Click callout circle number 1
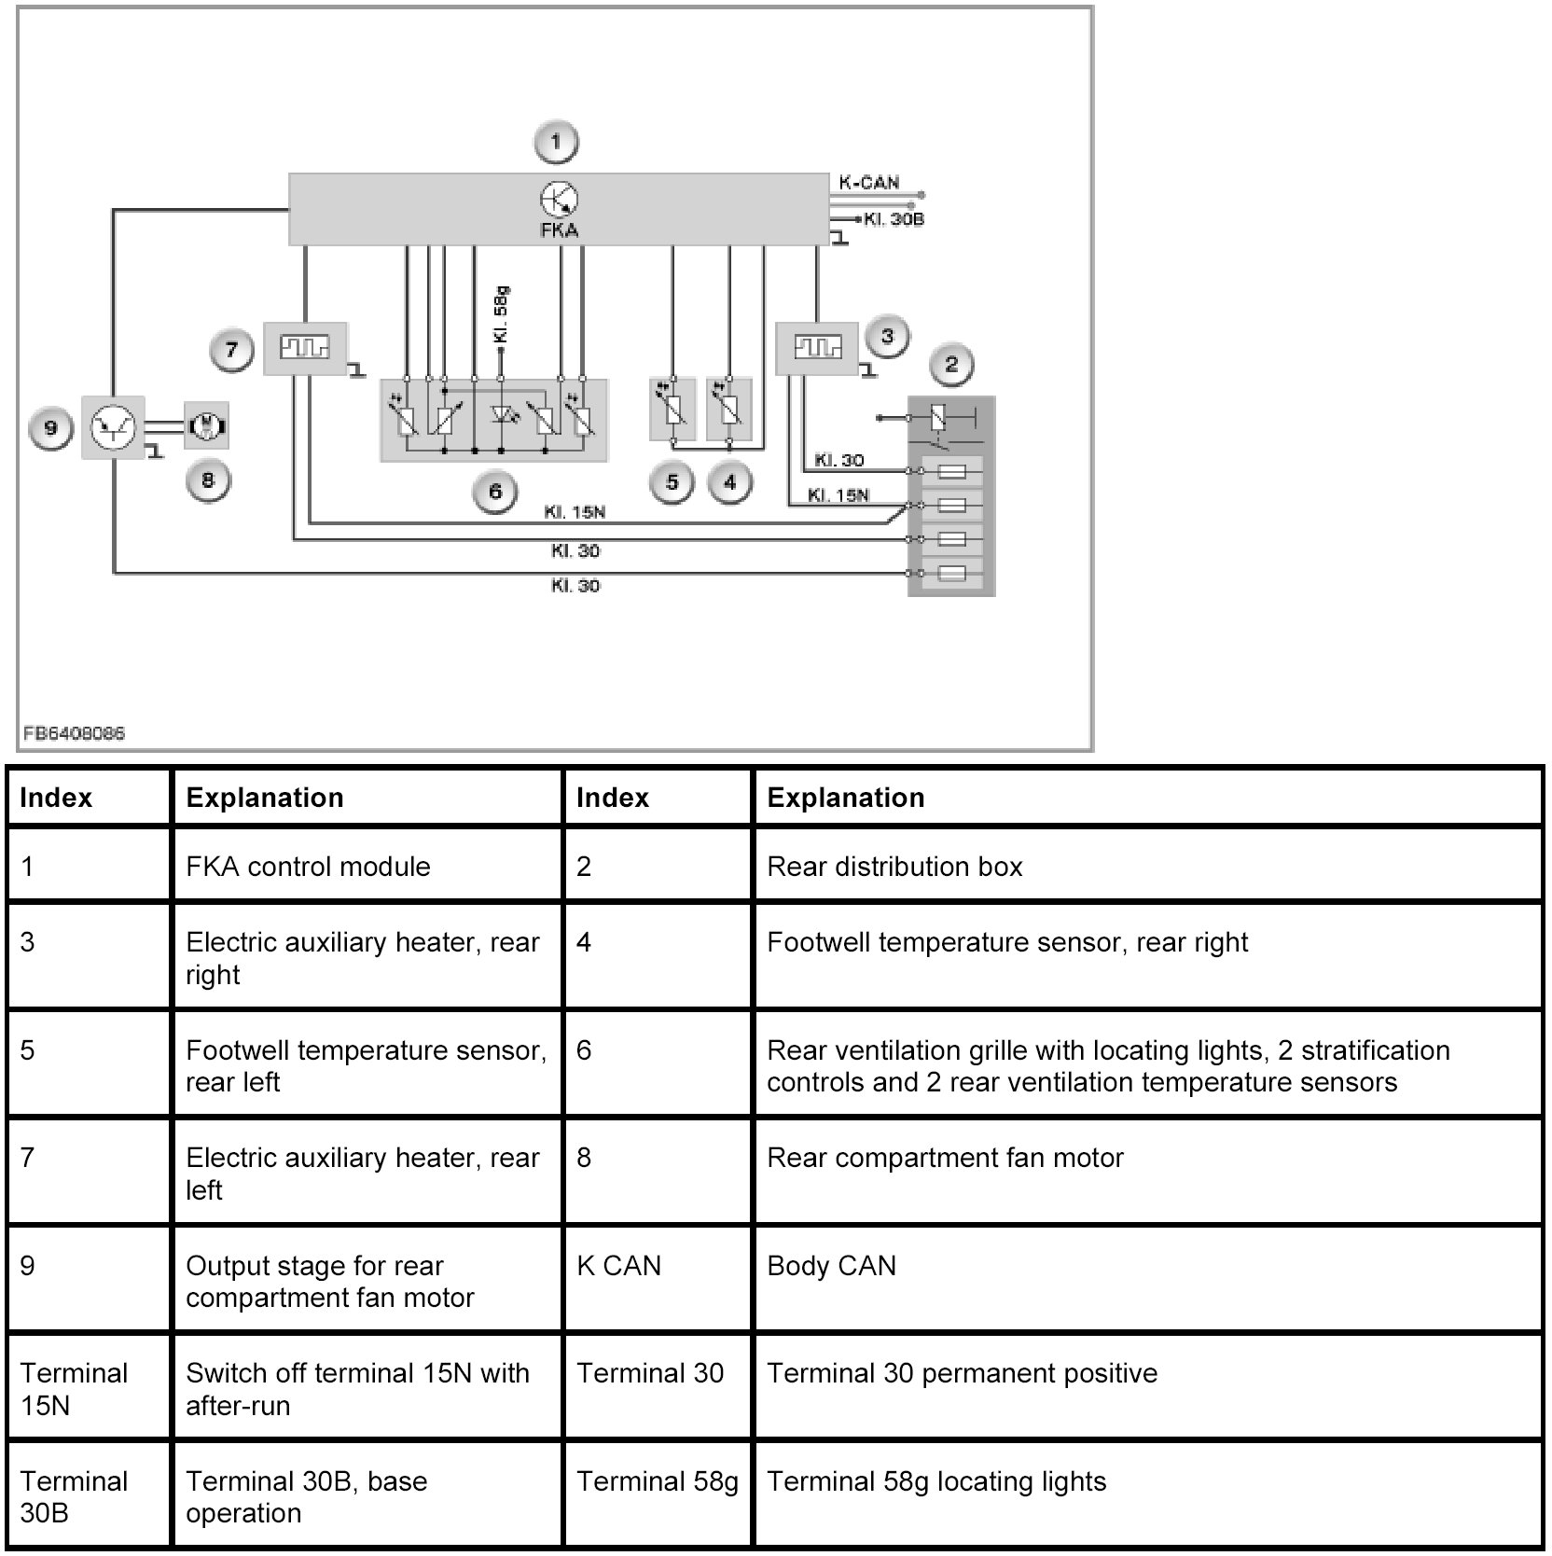click(x=556, y=143)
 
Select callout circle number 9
click(x=50, y=428)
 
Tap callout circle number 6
click(x=495, y=491)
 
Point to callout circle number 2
click(x=950, y=364)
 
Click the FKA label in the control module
click(x=560, y=229)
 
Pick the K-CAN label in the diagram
click(x=868, y=183)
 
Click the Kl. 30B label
click(x=893, y=219)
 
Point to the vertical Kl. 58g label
click(x=501, y=314)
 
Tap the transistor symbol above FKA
click(x=560, y=199)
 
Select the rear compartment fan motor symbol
click(x=207, y=426)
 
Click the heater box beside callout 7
click(x=305, y=348)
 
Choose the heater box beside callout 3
click(x=817, y=348)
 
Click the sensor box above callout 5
click(x=672, y=408)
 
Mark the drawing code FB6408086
click(x=74, y=733)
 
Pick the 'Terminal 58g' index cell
click(x=658, y=1481)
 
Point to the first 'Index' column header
click(x=56, y=798)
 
